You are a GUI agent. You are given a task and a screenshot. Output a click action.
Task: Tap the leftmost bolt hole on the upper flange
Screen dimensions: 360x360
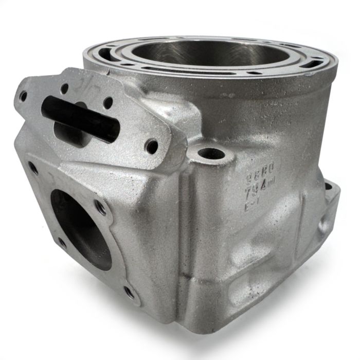click(23, 96)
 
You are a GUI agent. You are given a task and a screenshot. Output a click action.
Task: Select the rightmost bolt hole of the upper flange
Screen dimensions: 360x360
click(153, 146)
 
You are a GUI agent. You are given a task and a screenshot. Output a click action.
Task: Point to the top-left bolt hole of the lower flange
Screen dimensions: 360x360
click(33, 167)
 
